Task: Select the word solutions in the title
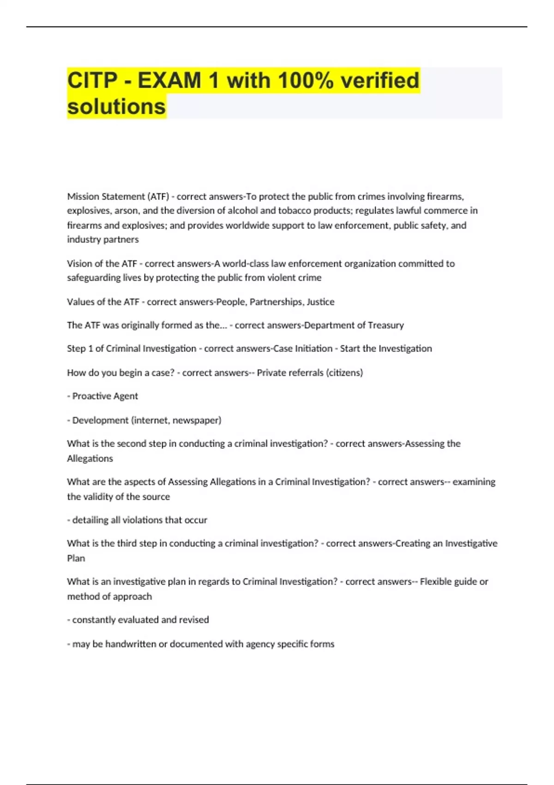(x=116, y=107)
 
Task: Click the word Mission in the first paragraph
(x=83, y=197)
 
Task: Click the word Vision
(x=79, y=264)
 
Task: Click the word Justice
(x=320, y=302)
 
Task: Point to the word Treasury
(x=385, y=325)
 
